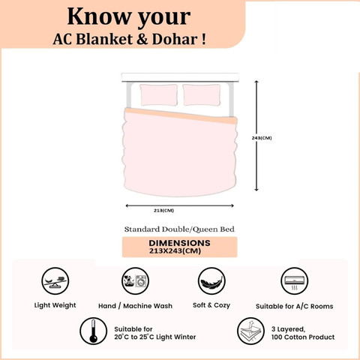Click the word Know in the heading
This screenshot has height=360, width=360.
(x=100, y=16)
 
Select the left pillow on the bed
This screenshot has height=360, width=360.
(x=159, y=95)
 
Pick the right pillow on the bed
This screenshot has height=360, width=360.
(x=202, y=95)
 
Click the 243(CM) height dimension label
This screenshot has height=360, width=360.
(x=262, y=138)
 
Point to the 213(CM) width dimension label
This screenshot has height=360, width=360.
(x=163, y=211)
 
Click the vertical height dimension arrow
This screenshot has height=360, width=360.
(x=256, y=136)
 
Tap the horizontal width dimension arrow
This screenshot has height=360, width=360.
(x=179, y=205)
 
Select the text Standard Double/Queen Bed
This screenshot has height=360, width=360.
(x=179, y=229)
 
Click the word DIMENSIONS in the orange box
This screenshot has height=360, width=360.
(x=179, y=243)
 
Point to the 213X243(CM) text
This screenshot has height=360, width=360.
(x=175, y=251)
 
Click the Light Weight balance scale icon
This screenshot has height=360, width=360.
(x=55, y=281)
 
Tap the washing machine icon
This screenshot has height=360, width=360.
(x=136, y=281)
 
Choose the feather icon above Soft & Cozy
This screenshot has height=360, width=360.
(x=211, y=281)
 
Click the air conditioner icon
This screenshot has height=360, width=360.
(x=295, y=281)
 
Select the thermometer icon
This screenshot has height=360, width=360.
(x=94, y=331)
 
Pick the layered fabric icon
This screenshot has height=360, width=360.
(x=250, y=331)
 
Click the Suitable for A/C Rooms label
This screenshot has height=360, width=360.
(x=295, y=306)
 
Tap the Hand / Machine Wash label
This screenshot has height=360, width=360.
(x=135, y=306)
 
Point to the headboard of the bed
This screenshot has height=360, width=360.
(x=180, y=77)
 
